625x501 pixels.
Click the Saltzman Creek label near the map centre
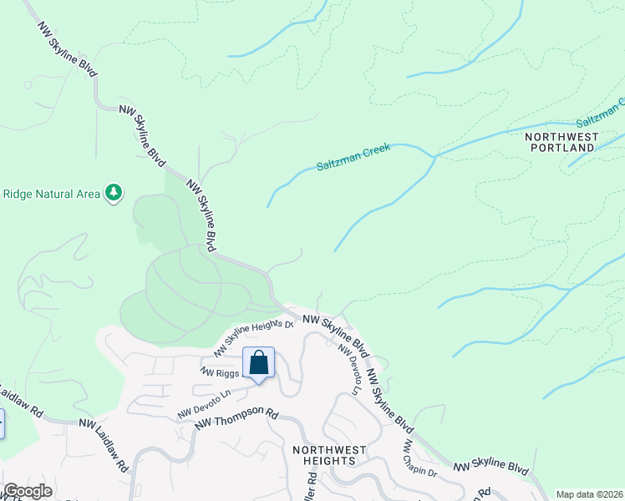point(353,156)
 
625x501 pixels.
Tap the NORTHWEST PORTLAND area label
point(561,141)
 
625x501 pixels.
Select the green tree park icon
point(114,194)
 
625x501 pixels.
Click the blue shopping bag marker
point(258,363)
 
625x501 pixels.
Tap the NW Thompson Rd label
point(236,418)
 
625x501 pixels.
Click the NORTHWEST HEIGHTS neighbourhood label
point(329,456)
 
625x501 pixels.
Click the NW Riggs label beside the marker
point(221,371)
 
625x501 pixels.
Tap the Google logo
point(27,491)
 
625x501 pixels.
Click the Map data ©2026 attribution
point(588,494)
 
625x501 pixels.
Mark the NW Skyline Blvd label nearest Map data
point(490,468)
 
